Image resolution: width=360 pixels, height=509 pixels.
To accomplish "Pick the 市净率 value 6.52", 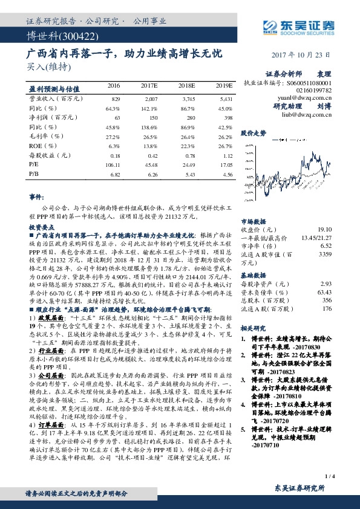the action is [327, 247].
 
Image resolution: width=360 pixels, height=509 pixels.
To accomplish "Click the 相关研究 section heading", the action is [254, 328].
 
